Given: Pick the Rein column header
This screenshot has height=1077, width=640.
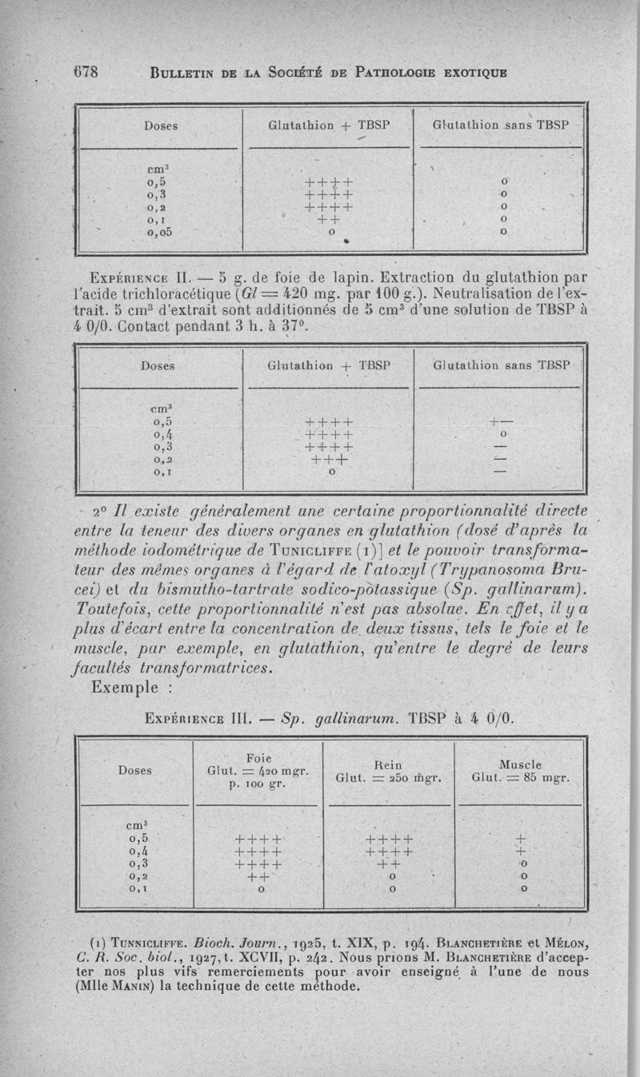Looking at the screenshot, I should [x=387, y=765].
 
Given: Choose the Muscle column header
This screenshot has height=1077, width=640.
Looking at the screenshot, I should [x=520, y=765].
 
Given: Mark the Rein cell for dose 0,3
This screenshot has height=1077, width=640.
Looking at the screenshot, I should [x=387, y=864].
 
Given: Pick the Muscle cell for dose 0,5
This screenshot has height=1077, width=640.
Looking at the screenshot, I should [x=522, y=839].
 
